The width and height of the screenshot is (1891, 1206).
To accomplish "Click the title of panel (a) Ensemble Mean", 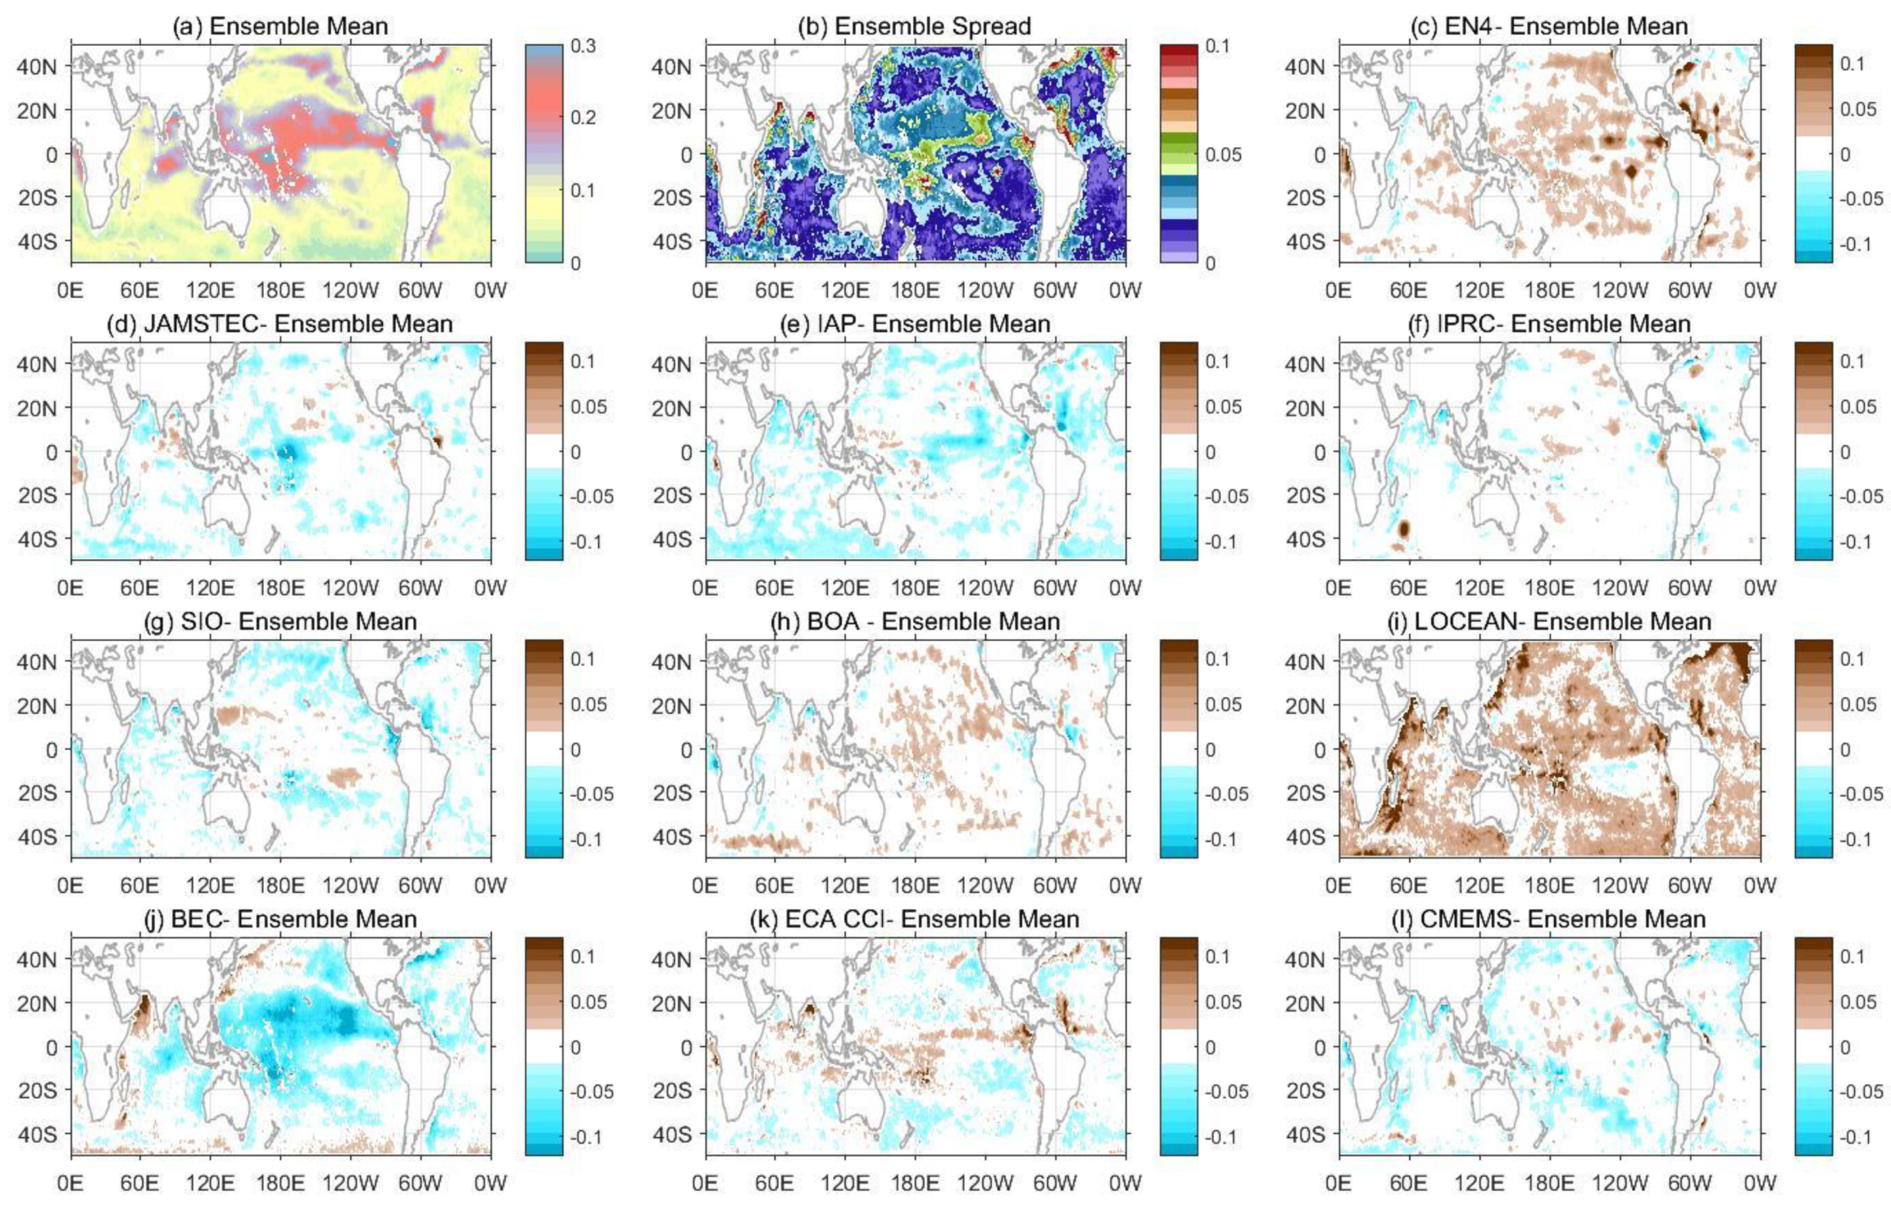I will (280, 26).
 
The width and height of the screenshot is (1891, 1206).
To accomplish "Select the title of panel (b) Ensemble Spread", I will (914, 26).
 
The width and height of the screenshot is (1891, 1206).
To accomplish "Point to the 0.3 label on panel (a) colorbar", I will (583, 46).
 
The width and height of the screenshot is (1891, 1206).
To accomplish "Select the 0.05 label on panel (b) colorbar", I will (1223, 154).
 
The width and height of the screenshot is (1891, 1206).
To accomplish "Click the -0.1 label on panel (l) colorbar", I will (1856, 1136).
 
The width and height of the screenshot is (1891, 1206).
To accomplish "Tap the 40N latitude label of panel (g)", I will (37, 662).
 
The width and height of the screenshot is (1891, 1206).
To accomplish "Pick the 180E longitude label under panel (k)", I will (915, 1182).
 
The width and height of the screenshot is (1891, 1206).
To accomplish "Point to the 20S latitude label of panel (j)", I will (37, 1090).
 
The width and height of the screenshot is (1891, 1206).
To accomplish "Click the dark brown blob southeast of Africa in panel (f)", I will (1403, 528).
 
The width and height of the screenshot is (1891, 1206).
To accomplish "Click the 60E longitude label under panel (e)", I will (774, 587).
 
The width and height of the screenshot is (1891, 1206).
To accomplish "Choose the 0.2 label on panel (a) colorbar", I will (583, 117).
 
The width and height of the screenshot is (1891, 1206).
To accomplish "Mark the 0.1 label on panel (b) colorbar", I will (1217, 46).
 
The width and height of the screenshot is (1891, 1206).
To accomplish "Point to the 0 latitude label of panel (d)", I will (52, 452).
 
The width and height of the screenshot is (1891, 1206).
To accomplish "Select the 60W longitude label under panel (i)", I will (1689, 885).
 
